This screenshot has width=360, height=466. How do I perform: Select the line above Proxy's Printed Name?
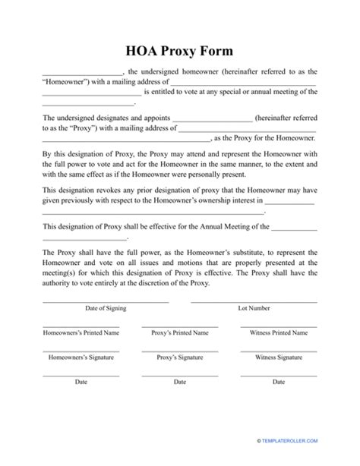180,326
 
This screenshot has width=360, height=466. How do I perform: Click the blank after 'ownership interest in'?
289,203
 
